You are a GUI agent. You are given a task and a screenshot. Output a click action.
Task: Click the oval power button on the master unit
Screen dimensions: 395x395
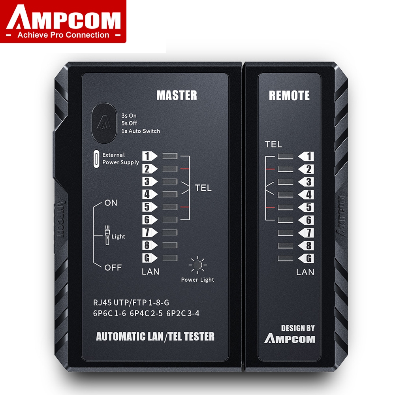(x=104, y=123)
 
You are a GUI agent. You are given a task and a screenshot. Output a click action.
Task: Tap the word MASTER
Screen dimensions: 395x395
(x=177, y=96)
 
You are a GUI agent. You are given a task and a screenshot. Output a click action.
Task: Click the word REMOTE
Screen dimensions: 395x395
(x=289, y=96)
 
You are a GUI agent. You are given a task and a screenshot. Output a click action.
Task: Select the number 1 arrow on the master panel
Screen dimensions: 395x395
(x=150, y=156)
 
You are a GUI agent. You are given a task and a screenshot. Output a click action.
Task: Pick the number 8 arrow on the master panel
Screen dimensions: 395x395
(x=150, y=245)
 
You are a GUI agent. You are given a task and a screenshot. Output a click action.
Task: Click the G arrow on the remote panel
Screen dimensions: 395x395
(x=306, y=258)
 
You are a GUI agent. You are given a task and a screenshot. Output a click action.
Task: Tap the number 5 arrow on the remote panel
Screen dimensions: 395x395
(x=306, y=207)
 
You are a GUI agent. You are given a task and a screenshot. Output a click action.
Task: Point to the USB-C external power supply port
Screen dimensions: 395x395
(x=96, y=159)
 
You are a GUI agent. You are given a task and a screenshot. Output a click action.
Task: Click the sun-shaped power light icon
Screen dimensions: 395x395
(x=198, y=265)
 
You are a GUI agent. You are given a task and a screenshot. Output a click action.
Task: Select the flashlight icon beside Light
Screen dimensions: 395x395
(x=107, y=235)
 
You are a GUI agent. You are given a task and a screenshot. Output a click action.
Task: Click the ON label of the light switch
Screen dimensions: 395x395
(x=111, y=203)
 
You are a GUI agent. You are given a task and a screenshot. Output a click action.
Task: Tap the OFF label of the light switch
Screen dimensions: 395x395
(x=113, y=267)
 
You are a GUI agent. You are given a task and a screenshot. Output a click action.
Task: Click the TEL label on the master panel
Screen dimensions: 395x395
(x=203, y=188)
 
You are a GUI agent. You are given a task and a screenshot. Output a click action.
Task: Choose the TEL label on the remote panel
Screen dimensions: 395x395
(x=273, y=144)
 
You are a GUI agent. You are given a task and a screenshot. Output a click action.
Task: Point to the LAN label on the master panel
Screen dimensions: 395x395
(x=150, y=272)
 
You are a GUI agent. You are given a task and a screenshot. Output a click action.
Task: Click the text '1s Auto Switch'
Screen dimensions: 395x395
(x=141, y=131)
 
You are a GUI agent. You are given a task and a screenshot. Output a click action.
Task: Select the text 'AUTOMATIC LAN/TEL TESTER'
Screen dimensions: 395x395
(x=155, y=337)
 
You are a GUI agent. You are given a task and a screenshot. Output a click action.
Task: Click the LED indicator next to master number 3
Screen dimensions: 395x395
(x=170, y=181)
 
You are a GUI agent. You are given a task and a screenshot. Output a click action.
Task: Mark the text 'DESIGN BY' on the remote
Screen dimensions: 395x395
(x=298, y=328)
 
